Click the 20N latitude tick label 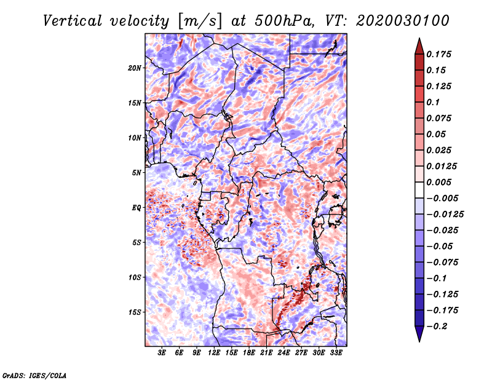pos(134,68)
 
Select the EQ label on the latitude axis pos(136,208)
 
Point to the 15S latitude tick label pos(134,312)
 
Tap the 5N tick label pos(136,173)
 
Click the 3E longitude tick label pos(162,353)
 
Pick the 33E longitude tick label pos(336,353)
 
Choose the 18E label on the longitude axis pos(249,353)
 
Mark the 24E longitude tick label pos(284,353)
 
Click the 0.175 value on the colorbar pos(438,54)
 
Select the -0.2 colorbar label pos(437,327)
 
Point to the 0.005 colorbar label pos(438,182)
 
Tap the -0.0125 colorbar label pos(445,215)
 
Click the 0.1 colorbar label pos(433,102)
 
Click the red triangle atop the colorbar pos(419,46)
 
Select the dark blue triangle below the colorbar pos(419,334)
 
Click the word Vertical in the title pos(72,21)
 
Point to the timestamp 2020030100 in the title pos(403,21)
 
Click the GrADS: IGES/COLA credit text pos(34,375)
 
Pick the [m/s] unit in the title pos(200,22)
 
